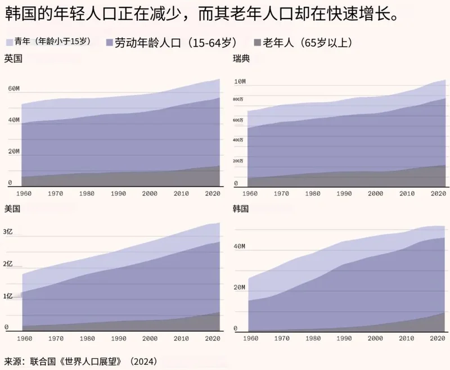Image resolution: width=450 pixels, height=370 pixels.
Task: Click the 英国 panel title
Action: click(13, 58)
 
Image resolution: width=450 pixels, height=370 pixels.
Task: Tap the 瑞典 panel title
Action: click(241, 58)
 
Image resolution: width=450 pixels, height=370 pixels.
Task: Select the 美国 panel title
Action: click(13, 208)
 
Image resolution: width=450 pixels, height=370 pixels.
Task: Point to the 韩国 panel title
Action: click(241, 208)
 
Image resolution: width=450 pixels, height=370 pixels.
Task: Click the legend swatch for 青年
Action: click(9, 42)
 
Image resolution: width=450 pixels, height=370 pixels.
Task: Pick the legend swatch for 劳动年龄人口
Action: click(109, 42)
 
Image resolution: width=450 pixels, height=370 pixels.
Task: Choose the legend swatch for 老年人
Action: click(258, 42)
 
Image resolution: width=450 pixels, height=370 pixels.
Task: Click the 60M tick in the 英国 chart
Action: click(13, 89)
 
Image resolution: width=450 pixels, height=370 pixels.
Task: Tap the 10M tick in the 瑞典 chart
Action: click(240, 82)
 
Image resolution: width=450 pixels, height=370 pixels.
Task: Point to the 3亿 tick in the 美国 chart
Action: click(8, 232)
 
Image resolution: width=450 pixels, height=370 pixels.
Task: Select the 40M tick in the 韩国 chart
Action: click(240, 246)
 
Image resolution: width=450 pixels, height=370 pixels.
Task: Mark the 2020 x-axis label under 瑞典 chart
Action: click(438, 193)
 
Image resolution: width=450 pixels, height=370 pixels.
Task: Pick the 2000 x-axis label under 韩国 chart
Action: click(375, 339)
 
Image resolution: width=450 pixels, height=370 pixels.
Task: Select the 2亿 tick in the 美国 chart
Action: click(8, 264)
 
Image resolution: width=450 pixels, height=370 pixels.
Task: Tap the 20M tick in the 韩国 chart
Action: click(240, 287)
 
